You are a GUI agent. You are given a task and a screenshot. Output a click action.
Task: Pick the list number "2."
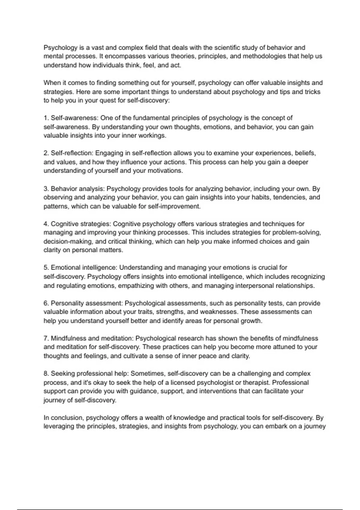(x=46, y=153)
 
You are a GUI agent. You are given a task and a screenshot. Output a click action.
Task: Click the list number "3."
(x=46, y=189)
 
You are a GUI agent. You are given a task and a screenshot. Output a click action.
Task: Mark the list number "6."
(x=46, y=303)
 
